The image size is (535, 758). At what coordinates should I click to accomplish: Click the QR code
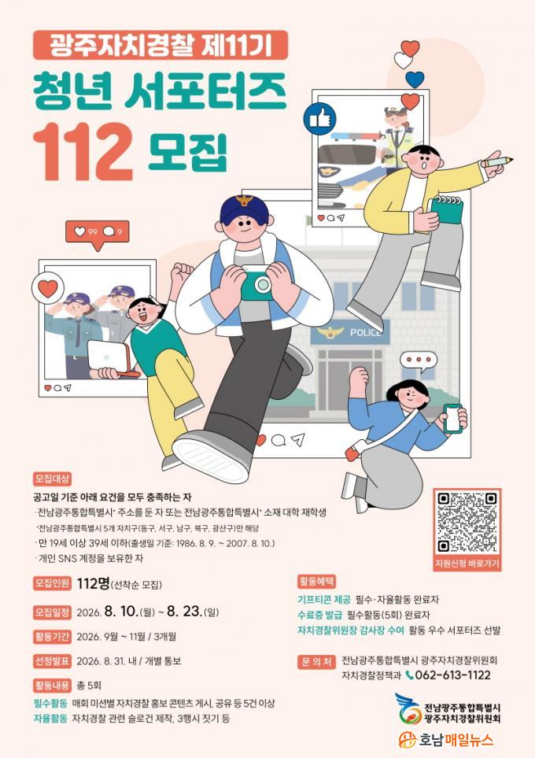click(x=467, y=522)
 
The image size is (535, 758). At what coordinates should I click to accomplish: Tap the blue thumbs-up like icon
click(x=319, y=118)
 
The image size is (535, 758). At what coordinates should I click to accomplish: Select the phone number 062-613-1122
click(x=453, y=675)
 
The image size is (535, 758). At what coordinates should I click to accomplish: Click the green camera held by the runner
click(x=256, y=283)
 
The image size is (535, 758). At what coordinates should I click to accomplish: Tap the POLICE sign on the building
click(x=365, y=333)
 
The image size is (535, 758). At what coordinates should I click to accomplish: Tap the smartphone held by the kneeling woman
click(x=453, y=419)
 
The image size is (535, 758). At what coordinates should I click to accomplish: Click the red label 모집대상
click(x=52, y=479)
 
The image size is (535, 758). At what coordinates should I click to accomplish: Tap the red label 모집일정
click(x=52, y=612)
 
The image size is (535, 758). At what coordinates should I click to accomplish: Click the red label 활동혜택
click(x=317, y=581)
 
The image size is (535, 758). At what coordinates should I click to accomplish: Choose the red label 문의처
click(x=317, y=662)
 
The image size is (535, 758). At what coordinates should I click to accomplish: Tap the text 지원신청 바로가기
click(x=467, y=563)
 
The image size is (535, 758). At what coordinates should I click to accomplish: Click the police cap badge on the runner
click(x=245, y=200)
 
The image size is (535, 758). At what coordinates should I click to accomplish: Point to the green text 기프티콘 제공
click(x=323, y=600)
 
